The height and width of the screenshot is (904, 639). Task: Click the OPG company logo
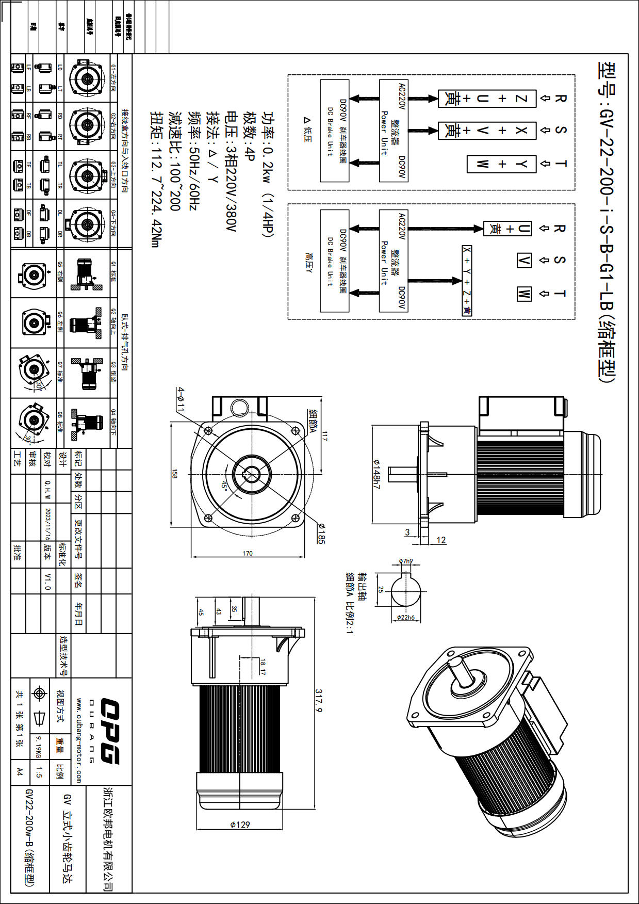click(x=109, y=731)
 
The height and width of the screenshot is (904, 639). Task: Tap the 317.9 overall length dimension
click(x=319, y=701)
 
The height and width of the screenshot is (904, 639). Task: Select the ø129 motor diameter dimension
click(x=240, y=825)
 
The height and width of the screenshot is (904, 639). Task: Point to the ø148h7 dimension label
click(x=376, y=474)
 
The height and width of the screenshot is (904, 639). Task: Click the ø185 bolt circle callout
click(x=321, y=534)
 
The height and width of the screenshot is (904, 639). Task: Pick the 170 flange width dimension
click(x=248, y=553)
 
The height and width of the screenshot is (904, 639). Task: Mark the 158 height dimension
click(x=174, y=473)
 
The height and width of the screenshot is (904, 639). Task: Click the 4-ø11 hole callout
click(x=180, y=399)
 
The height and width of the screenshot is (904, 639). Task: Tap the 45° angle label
click(x=224, y=485)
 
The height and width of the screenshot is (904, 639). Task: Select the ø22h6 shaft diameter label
click(x=406, y=617)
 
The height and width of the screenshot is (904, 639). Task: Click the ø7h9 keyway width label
click(x=406, y=561)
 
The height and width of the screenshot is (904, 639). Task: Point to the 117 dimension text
click(x=324, y=436)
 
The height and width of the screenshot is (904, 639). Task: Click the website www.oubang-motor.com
click(x=79, y=740)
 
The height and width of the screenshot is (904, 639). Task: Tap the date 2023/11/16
click(x=47, y=522)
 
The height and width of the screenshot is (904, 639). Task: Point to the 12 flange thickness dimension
click(x=441, y=540)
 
